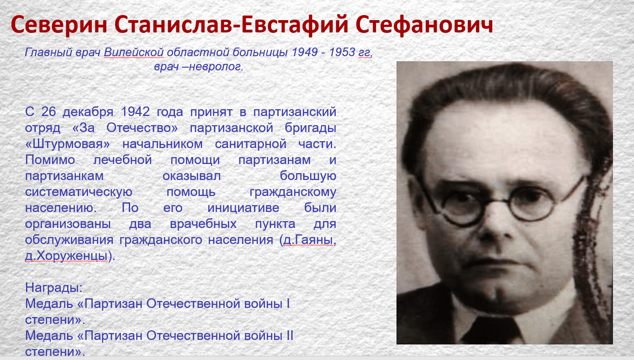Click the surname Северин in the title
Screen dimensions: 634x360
coord(59,25)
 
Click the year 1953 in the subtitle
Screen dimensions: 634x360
coord(342,52)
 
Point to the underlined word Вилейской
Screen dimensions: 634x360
coord(134,53)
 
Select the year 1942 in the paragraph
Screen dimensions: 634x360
coord(135,111)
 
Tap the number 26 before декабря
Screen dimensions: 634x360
coord(49,111)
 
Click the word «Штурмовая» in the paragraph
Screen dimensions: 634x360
coord(67,144)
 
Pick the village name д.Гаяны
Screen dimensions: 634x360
coord(308,240)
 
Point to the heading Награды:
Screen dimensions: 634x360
coord(54,288)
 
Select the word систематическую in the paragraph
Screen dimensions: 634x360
coord(79,192)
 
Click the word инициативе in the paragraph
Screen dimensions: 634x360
coord(243,208)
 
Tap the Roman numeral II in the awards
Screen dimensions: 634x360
coord(290,336)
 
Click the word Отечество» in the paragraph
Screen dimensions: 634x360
coord(142,127)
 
